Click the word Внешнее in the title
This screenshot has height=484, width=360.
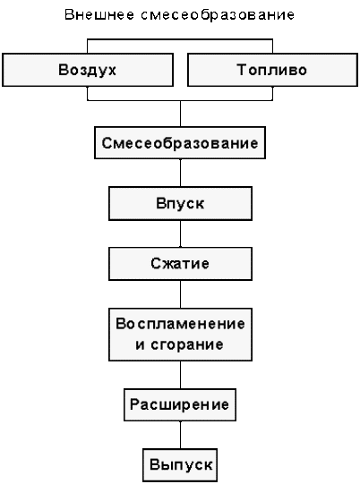tap(99, 15)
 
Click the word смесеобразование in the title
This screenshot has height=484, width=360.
tap(218, 15)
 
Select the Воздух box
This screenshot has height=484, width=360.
tap(88, 70)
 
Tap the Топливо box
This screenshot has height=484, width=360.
tap(272, 70)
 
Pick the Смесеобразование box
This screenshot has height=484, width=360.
tap(180, 143)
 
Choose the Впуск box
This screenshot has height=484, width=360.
tap(180, 203)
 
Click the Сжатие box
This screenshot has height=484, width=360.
tap(180, 264)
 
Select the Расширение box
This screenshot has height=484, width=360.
tap(180, 404)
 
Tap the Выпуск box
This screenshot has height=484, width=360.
tap(180, 465)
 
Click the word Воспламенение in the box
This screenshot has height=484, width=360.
tap(180, 324)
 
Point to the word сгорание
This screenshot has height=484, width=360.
tap(187, 344)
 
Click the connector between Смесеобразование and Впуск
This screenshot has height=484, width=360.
tap(181, 173)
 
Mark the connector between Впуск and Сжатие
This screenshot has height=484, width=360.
tap(181, 234)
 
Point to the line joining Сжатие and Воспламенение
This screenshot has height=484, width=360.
tap(181, 294)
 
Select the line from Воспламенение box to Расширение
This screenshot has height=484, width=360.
tap(181, 375)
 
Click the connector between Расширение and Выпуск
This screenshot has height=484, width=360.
tap(181, 435)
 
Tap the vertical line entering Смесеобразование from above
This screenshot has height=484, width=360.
tap(181, 114)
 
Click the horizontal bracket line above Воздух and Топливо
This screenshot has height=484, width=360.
tap(180, 39)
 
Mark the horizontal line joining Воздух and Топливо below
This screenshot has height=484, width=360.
tap(180, 100)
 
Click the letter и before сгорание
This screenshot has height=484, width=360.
tap(140, 344)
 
